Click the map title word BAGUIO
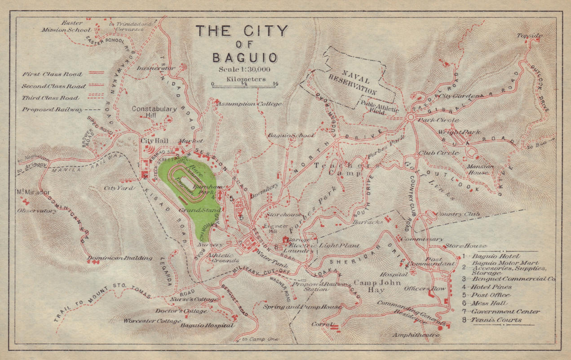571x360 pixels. [x=244, y=58]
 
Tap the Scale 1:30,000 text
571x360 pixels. [x=244, y=69]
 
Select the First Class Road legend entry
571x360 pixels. [x=52, y=74]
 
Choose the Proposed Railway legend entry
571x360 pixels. [x=52, y=109]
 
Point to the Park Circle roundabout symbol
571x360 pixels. [x=410, y=117]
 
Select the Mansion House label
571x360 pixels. [x=481, y=169]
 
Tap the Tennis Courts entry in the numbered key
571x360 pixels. [x=496, y=320]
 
